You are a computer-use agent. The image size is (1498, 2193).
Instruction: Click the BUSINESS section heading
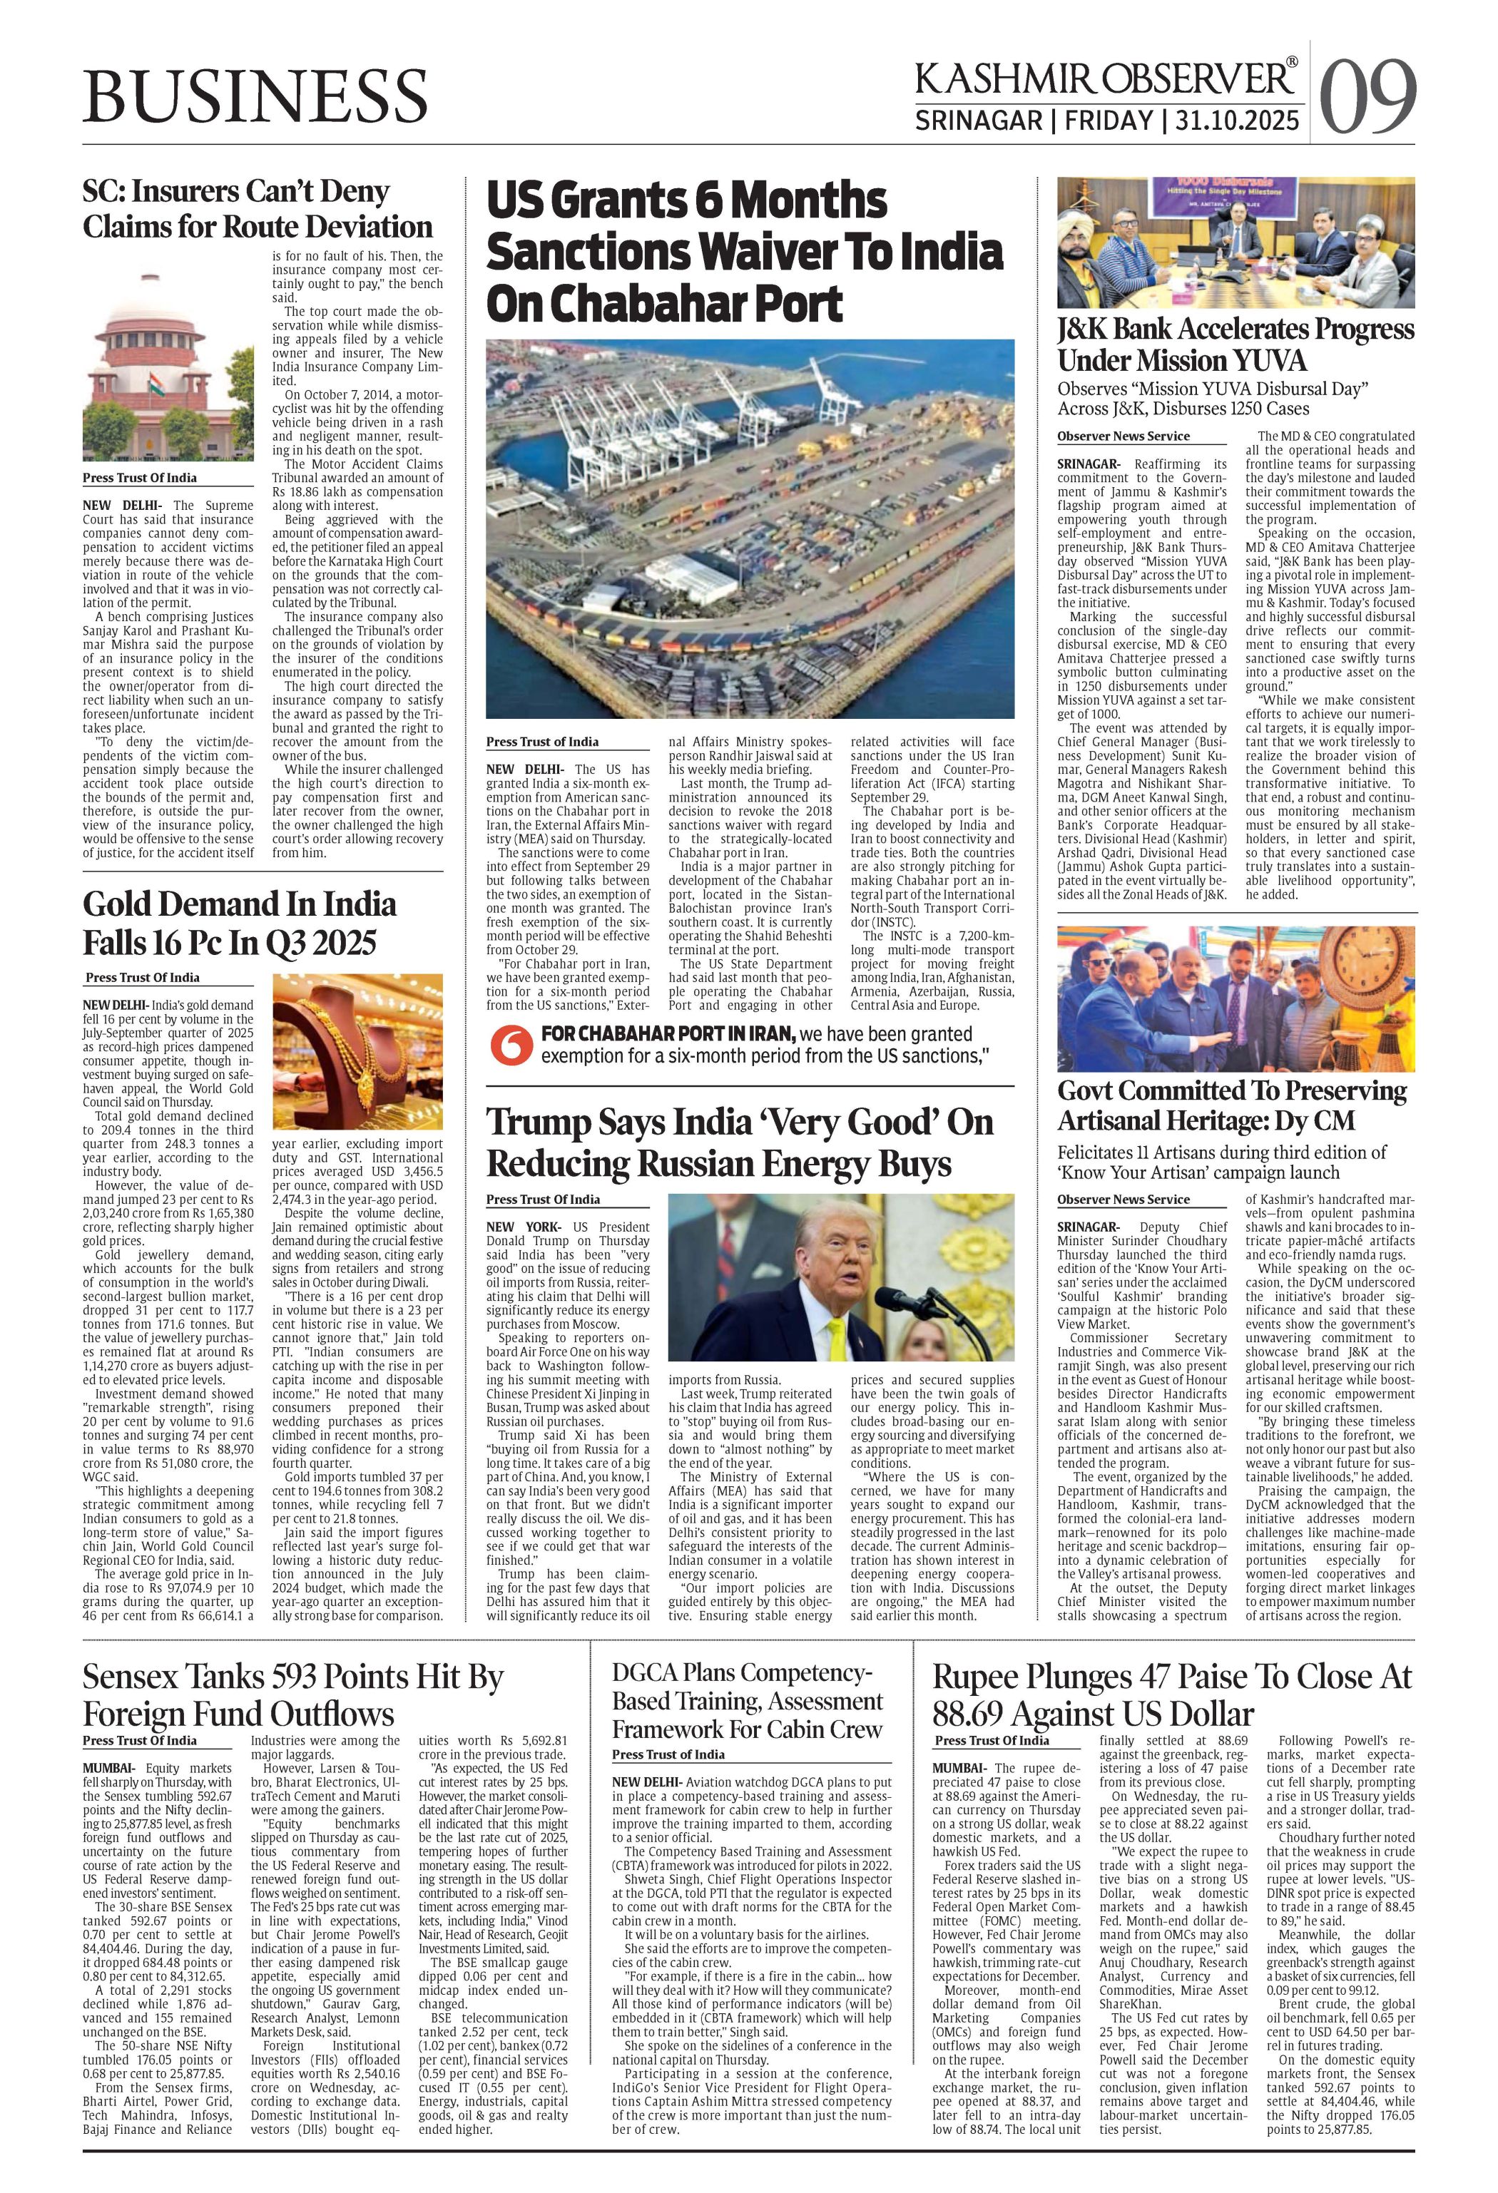click(255, 94)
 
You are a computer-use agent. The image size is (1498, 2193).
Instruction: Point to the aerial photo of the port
click(750, 528)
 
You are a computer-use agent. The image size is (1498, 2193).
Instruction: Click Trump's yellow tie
click(835, 1343)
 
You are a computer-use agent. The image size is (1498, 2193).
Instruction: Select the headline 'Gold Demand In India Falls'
click(240, 923)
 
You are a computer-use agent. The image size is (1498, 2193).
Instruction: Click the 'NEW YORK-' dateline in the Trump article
click(514, 1227)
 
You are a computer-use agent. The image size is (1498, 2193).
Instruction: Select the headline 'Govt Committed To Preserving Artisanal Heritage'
click(1232, 1105)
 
